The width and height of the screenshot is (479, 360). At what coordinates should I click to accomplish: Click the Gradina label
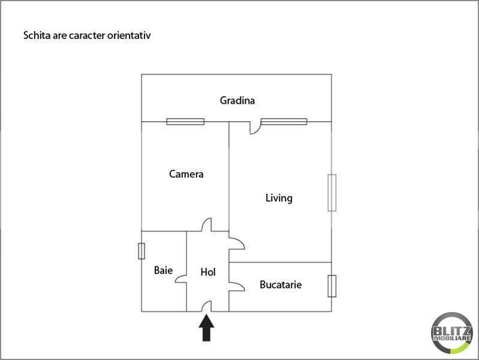point(237,101)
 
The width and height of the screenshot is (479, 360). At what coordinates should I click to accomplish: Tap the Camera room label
point(186,174)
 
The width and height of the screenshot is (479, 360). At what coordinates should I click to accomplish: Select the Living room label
point(279,198)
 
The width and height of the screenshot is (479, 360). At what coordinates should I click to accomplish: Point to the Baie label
point(164,270)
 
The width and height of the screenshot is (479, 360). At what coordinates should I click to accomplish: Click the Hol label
point(208,272)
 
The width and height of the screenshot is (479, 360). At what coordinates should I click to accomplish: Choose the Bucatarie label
point(281,285)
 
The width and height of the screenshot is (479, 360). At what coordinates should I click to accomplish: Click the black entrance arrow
point(206,328)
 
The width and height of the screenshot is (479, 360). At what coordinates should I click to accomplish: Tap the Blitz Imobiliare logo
point(452,333)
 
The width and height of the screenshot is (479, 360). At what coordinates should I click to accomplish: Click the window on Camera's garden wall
point(185,122)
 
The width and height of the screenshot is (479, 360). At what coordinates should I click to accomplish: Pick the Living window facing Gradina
point(284,122)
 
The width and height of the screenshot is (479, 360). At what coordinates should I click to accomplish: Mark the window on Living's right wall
point(332,193)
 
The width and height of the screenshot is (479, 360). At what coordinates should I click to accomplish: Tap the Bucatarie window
point(332,286)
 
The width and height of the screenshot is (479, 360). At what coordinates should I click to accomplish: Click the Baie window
point(141,251)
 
